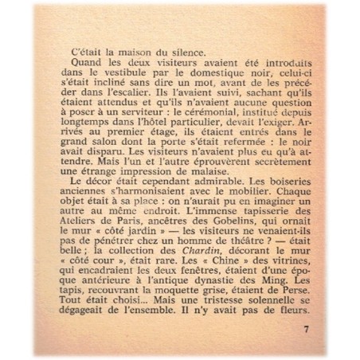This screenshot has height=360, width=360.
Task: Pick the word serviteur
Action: click(145, 116)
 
